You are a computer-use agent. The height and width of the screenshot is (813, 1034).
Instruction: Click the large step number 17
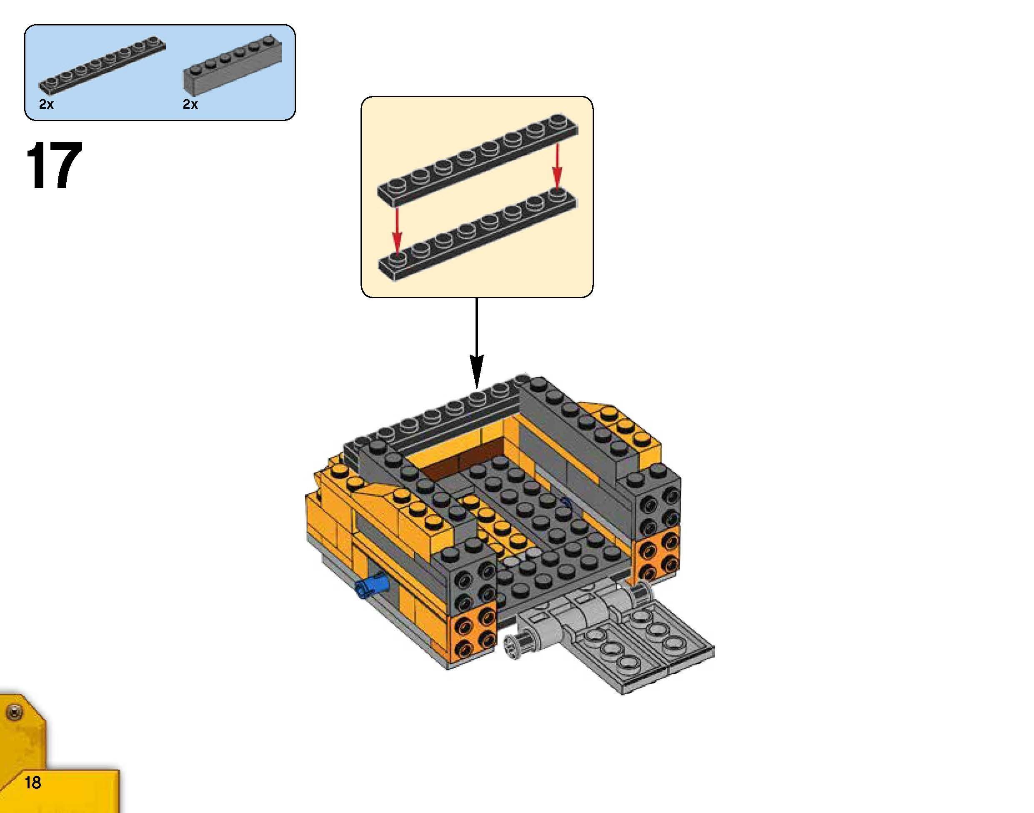point(54,166)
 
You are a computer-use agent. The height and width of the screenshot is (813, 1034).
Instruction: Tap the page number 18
point(33,783)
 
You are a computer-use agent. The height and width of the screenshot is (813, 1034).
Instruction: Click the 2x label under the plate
point(46,105)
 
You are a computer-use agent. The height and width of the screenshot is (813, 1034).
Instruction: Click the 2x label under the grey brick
point(190,105)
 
